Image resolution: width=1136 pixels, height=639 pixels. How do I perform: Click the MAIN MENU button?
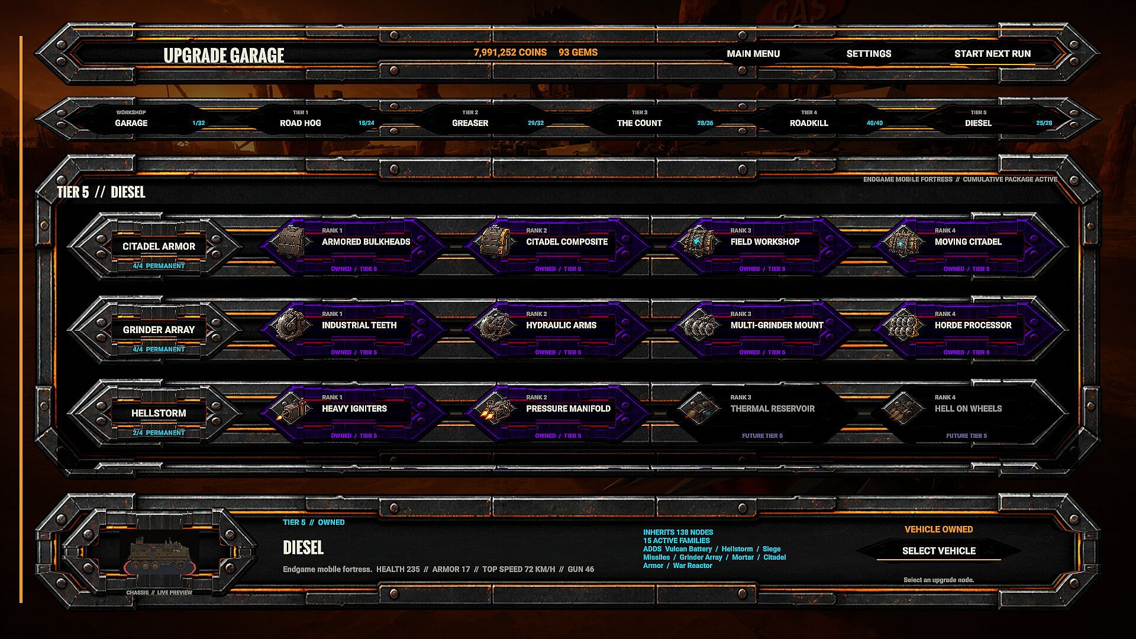[753, 54]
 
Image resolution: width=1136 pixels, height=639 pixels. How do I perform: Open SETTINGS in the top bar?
[869, 54]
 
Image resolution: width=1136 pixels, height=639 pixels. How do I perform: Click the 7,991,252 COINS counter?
[510, 53]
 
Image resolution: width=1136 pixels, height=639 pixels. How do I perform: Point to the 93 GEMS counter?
[578, 53]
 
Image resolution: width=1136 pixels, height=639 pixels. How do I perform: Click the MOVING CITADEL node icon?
[903, 241]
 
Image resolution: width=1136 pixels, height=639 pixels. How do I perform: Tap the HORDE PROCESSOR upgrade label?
[973, 325]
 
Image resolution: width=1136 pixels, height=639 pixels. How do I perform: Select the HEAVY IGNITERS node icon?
[290, 408]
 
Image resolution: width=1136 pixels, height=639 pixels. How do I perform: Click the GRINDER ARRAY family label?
[159, 330]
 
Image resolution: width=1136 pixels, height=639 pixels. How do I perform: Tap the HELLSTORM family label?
[159, 414]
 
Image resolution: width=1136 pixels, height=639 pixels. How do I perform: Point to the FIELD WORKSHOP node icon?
[699, 241]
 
